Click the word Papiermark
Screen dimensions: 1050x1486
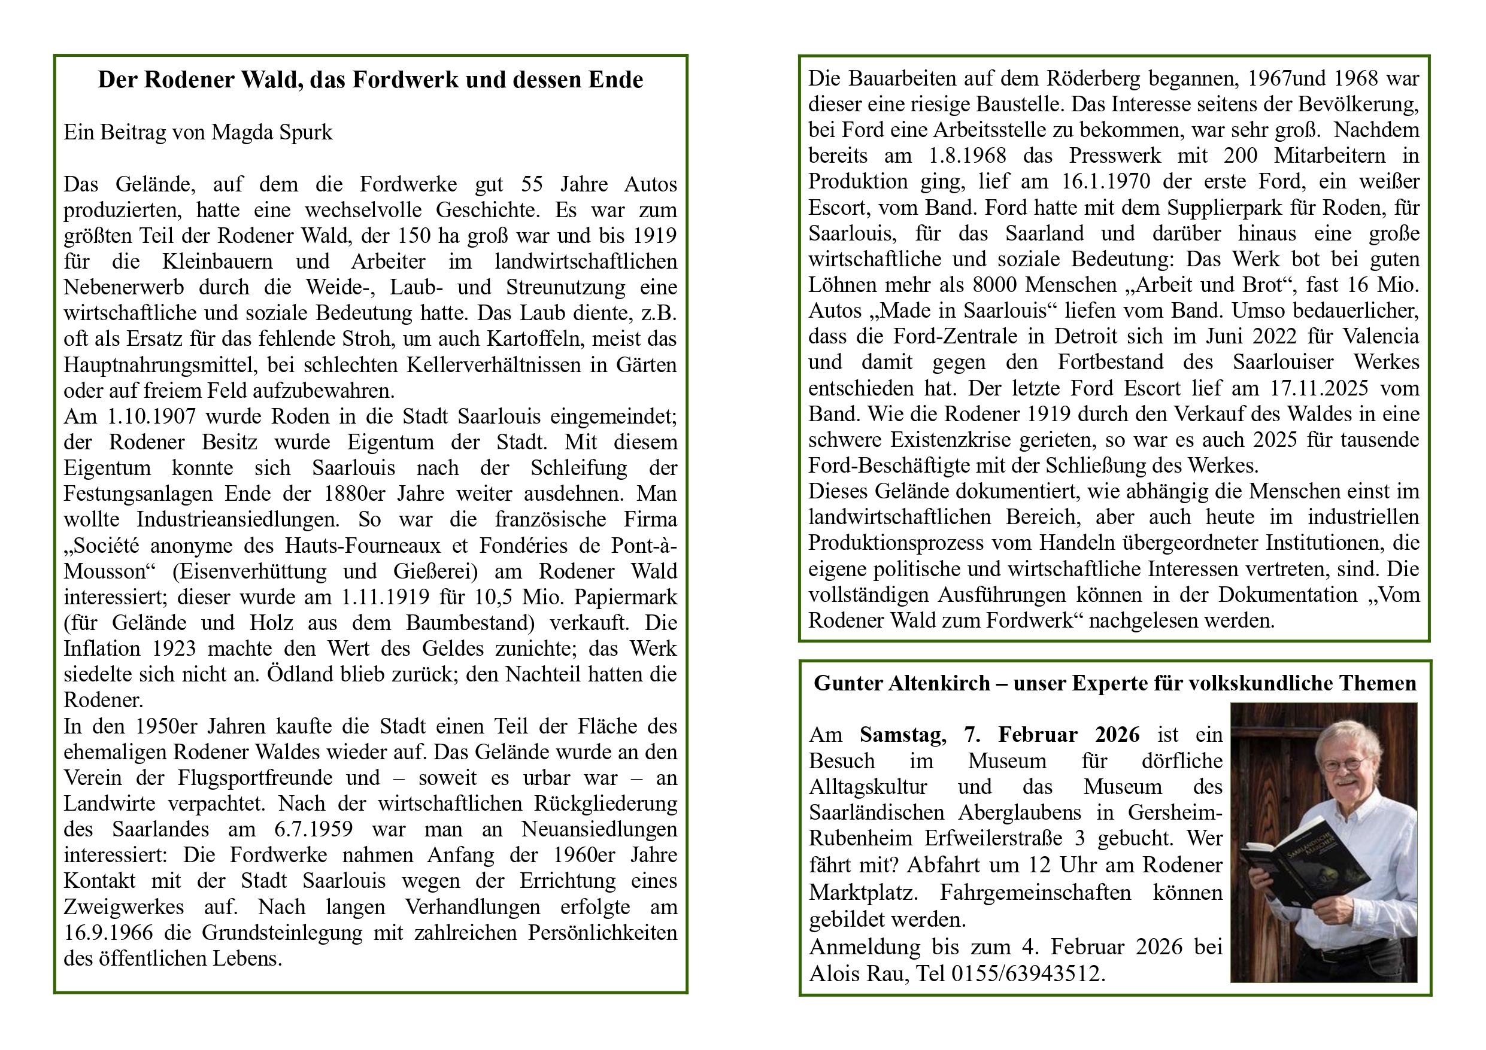click(625, 596)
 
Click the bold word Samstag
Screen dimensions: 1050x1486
click(902, 735)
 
